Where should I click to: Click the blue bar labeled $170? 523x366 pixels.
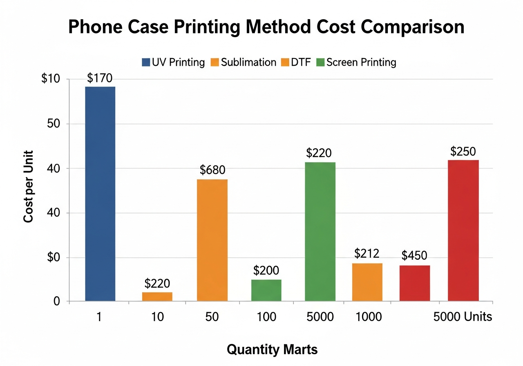coord(100,194)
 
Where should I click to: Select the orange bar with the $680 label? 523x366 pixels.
coord(212,240)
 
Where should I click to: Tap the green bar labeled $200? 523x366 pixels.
coord(266,290)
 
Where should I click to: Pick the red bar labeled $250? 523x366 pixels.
coord(463,230)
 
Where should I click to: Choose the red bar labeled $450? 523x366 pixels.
coord(414,283)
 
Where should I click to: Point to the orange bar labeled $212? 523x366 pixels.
coord(367,282)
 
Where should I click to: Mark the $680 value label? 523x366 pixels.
coord(212,170)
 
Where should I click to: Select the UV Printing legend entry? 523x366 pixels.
coord(173,62)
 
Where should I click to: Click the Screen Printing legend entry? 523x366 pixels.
coord(356,62)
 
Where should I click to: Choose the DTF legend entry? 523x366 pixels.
coord(297,62)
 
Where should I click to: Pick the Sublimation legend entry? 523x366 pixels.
coord(244,62)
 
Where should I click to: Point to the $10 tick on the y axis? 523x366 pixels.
coord(51,79)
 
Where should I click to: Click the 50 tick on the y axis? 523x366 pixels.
coord(54,124)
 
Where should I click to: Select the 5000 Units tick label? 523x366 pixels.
coord(463,317)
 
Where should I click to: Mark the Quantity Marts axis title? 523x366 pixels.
coord(272,350)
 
